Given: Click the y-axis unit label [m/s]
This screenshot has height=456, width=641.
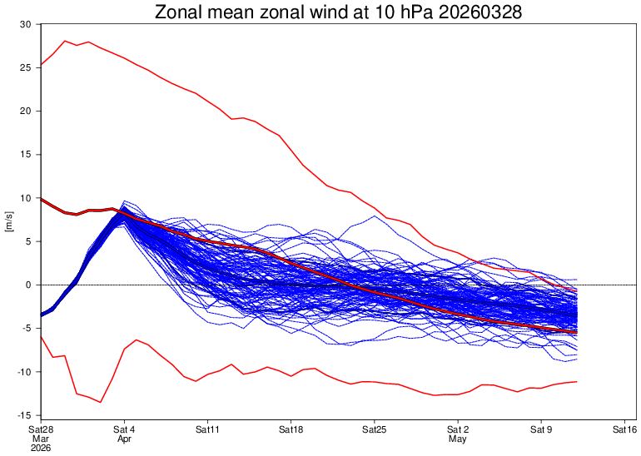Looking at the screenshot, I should click(9, 221).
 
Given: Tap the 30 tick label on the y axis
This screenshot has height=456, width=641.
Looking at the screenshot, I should click(26, 24).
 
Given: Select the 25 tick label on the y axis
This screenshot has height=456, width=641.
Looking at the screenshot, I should click(26, 67).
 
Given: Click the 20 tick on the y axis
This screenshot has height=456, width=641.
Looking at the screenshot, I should click(26, 111).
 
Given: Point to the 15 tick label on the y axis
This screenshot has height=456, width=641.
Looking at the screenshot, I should click(26, 155).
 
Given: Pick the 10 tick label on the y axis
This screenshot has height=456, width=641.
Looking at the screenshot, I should click(26, 198).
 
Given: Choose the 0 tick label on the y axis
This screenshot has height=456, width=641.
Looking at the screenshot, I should click(28, 285).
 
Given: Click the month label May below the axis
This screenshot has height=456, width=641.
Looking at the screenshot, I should click(457, 438).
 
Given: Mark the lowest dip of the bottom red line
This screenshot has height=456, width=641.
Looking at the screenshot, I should click(101, 402).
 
